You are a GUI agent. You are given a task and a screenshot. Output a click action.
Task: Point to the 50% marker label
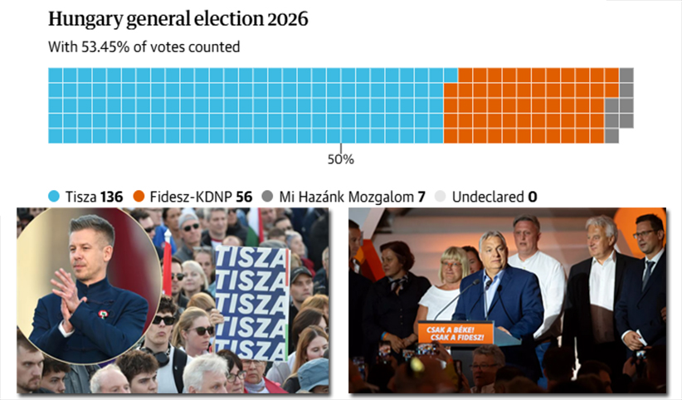[x=340, y=159]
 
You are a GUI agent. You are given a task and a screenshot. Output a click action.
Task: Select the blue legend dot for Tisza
[x=54, y=197]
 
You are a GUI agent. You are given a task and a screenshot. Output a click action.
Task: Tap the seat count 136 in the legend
[x=111, y=197]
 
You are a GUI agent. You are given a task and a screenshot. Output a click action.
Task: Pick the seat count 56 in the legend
[x=243, y=197]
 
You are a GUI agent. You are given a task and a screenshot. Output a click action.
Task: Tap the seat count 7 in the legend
[x=421, y=197]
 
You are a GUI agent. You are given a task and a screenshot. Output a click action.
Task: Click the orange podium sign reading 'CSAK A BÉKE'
[x=455, y=333]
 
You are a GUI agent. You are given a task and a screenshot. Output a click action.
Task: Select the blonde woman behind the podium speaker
[x=453, y=274]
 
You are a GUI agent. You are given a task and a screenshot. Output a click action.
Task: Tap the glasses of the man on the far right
[x=646, y=235]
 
